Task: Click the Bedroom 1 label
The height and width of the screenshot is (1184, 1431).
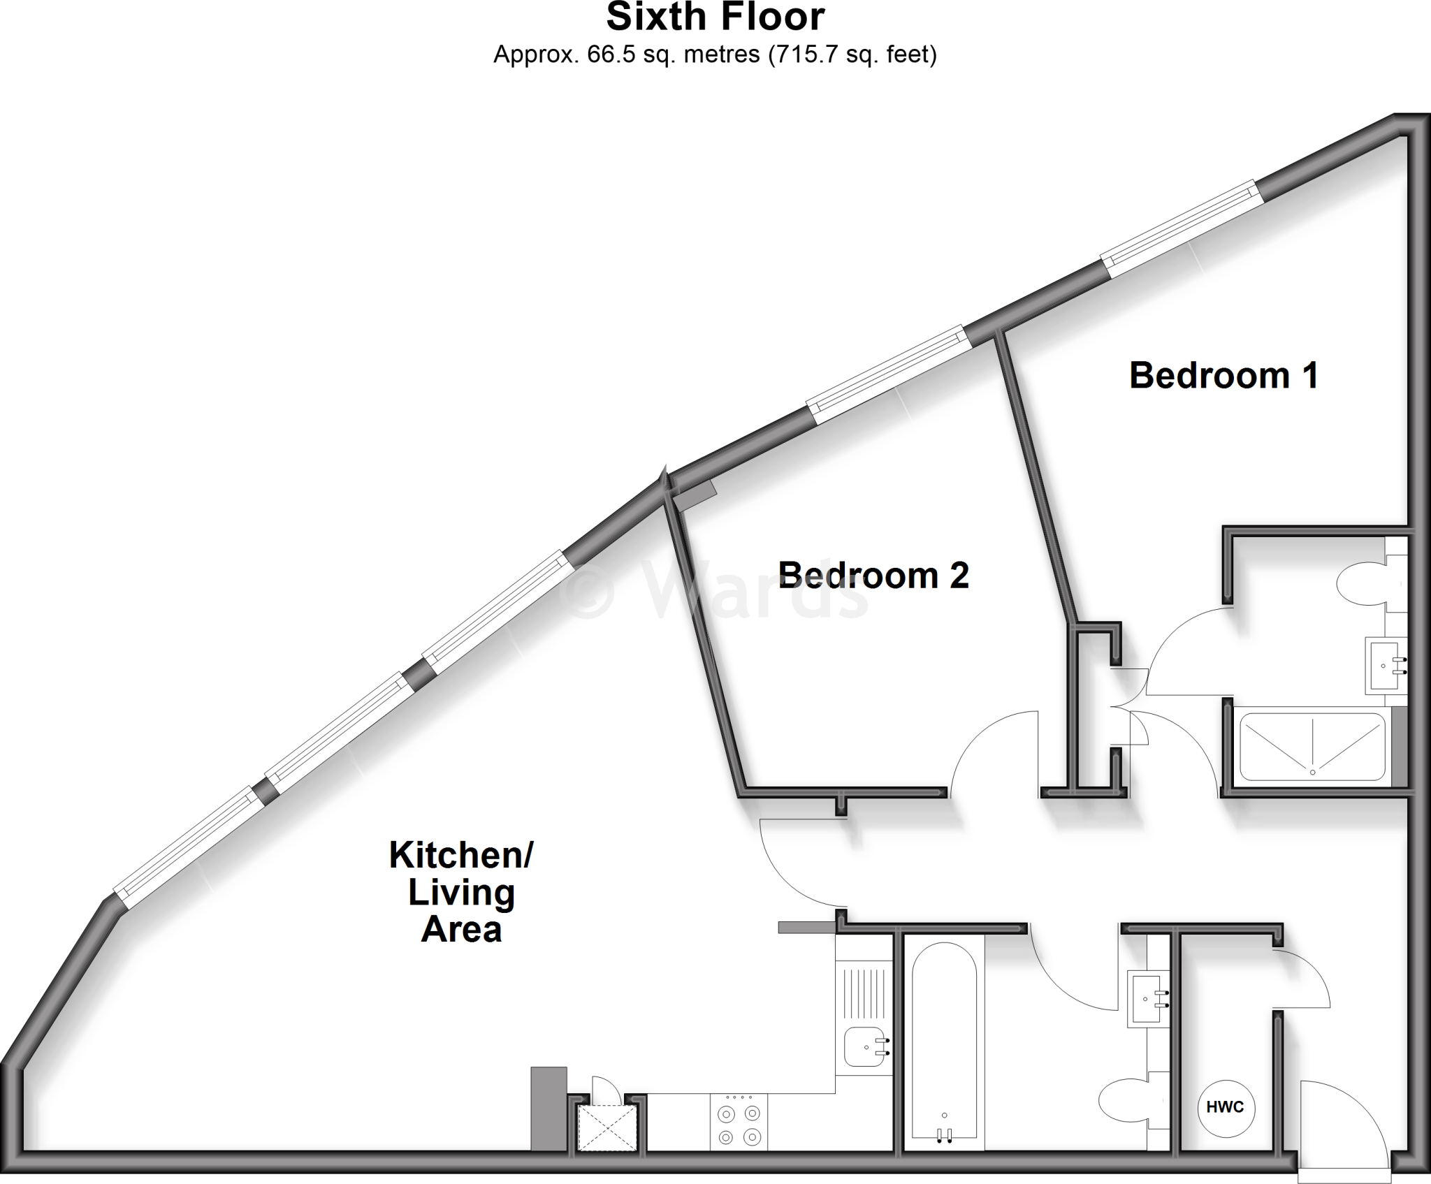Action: click(x=1223, y=376)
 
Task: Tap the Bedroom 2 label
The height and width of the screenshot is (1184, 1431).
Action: click(x=873, y=576)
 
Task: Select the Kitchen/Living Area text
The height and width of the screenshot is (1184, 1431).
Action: click(x=461, y=892)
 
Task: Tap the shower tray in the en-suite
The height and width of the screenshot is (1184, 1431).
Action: click(x=1312, y=746)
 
